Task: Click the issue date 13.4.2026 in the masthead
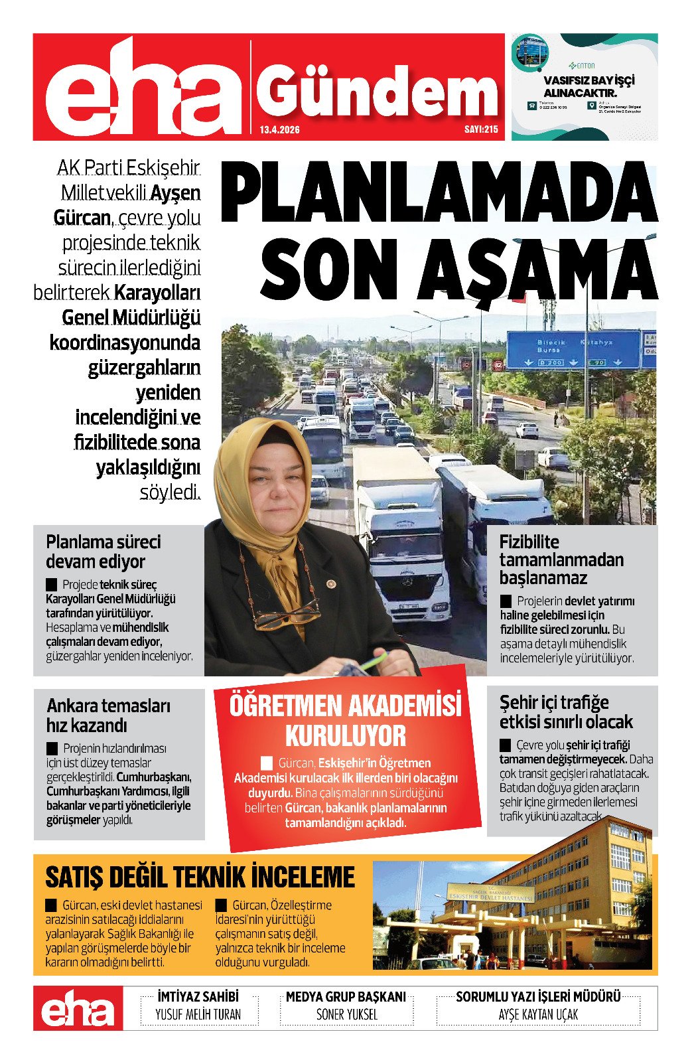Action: tap(279, 130)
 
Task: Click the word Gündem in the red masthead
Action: tap(377, 93)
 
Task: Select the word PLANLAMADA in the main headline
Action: tap(439, 193)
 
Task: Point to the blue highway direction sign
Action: tap(573, 350)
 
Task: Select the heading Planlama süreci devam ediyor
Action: tap(104, 552)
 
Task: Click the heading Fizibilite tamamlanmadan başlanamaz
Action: tap(561, 560)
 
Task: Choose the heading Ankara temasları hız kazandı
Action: tap(108, 715)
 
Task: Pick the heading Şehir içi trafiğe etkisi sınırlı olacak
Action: tap(565, 712)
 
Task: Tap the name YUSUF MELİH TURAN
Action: tap(198, 1015)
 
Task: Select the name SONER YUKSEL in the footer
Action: tap(346, 1015)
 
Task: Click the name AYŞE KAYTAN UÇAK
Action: tap(538, 1015)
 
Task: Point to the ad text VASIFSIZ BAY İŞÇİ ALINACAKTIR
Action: tap(588, 86)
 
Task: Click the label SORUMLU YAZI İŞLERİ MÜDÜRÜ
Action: tap(538, 997)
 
